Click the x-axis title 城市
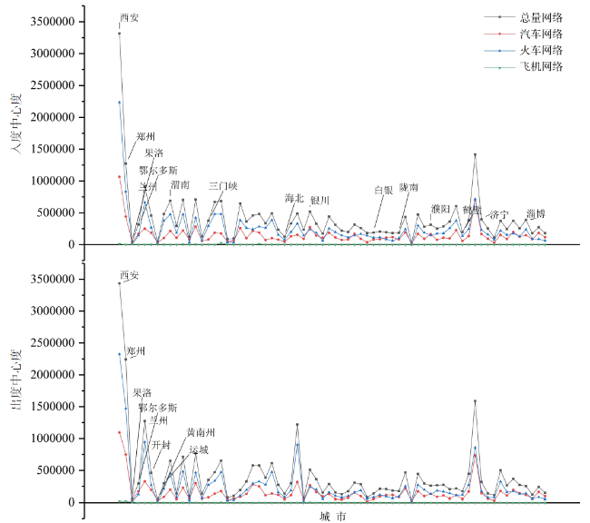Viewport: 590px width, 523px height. (332, 516)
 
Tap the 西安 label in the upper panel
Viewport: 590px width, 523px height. (130, 17)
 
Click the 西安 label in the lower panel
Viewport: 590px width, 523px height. (130, 275)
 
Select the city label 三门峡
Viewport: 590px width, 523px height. (222, 185)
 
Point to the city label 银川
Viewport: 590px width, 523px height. (320, 200)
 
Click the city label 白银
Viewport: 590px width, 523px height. (384, 191)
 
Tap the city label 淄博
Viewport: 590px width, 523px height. (536, 213)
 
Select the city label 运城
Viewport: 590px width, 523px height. (199, 449)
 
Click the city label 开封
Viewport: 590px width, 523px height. (162, 445)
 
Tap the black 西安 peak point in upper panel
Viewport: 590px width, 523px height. (119, 34)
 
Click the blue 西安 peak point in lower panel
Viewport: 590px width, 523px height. (119, 354)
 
